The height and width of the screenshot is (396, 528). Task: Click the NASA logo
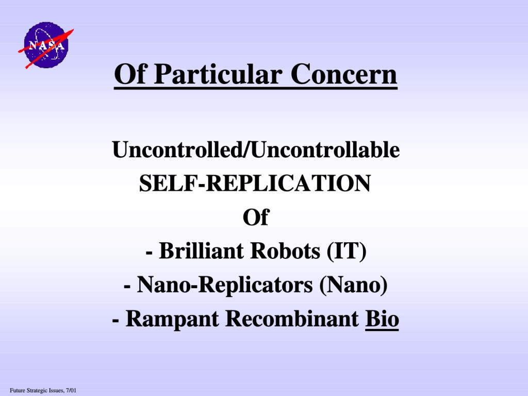pos(46,45)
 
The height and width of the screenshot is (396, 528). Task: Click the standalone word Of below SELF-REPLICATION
pos(256,217)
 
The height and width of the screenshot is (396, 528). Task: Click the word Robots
pos(286,251)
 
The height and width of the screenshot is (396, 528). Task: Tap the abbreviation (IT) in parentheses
pos(346,251)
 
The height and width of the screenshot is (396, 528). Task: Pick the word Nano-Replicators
pos(225,285)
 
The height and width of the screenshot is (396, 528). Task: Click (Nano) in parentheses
pos(353,285)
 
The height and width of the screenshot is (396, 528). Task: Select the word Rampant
pos(171,319)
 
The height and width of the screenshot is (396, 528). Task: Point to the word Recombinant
pos(292,318)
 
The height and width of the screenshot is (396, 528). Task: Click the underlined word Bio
pos(382,318)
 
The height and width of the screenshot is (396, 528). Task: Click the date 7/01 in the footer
pos(71,391)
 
